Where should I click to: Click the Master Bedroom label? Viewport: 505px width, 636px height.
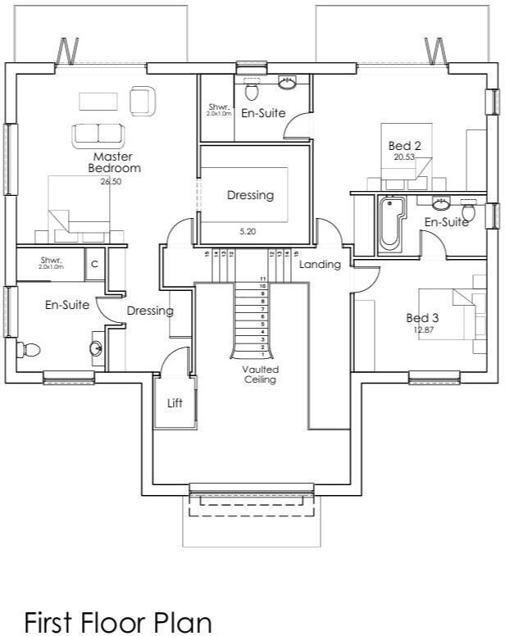(113, 162)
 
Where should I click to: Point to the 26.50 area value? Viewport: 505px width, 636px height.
(111, 182)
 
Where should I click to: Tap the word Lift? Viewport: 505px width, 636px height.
(175, 403)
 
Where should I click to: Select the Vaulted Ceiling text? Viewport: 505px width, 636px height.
(259, 375)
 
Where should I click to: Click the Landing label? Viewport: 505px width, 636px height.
(320, 265)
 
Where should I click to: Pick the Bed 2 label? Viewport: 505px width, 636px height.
(405, 146)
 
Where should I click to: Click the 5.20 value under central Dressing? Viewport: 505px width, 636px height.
(248, 232)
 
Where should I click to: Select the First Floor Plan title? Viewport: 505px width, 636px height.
(118, 622)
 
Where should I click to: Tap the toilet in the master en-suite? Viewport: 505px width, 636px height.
(30, 349)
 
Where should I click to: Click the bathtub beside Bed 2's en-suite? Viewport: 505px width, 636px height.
(391, 223)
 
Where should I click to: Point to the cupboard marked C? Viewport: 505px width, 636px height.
(94, 264)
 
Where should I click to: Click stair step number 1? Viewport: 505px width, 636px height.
(262, 354)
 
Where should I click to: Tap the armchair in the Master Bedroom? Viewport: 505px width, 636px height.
(141, 101)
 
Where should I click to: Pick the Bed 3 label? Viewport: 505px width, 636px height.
(423, 318)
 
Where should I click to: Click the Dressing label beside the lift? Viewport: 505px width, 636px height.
(150, 311)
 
